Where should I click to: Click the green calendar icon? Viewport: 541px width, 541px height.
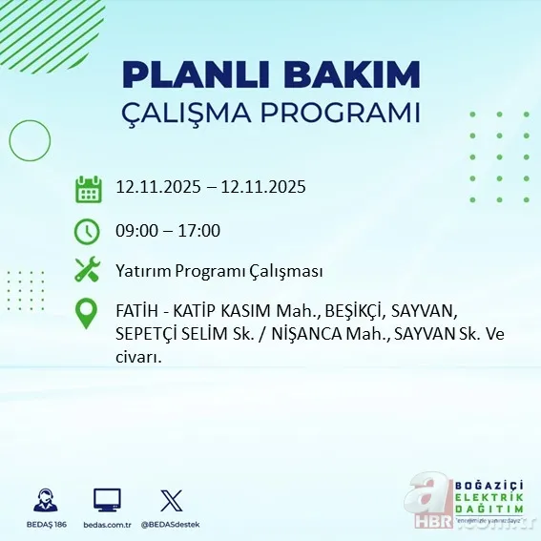[x=88, y=188]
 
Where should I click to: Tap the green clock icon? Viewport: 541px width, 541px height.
[x=88, y=230]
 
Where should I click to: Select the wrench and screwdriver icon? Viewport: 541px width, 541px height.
[x=88, y=270]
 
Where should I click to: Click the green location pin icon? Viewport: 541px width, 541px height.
[x=88, y=314]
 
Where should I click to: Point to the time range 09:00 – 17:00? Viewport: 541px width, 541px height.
[x=168, y=230]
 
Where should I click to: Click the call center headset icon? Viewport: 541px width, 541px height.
[x=44, y=500]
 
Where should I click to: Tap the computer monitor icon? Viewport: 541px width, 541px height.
[x=107, y=500]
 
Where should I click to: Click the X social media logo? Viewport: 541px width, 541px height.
[x=171, y=500]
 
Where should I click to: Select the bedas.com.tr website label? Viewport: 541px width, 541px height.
[x=107, y=525]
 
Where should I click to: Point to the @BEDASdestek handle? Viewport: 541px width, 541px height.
[x=171, y=525]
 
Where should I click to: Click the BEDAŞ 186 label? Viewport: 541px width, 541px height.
[x=44, y=525]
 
